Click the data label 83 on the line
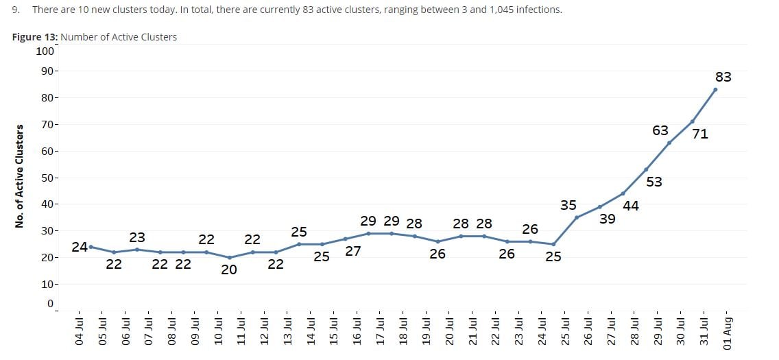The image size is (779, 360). [723, 77]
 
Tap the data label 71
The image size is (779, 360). [699, 134]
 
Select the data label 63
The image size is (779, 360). [660, 130]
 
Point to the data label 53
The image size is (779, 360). [654, 182]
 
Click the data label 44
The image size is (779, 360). [631, 206]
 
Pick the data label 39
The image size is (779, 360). [607, 219]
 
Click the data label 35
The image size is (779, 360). [568, 205]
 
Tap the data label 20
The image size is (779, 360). [228, 270]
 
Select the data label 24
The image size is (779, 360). [79, 247]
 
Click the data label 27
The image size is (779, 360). [353, 252]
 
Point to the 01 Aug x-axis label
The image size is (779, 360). [728, 334]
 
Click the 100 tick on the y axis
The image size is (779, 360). [45, 51]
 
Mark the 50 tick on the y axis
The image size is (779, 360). [48, 178]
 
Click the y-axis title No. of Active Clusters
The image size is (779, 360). [20, 176]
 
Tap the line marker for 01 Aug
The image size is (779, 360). [715, 89]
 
